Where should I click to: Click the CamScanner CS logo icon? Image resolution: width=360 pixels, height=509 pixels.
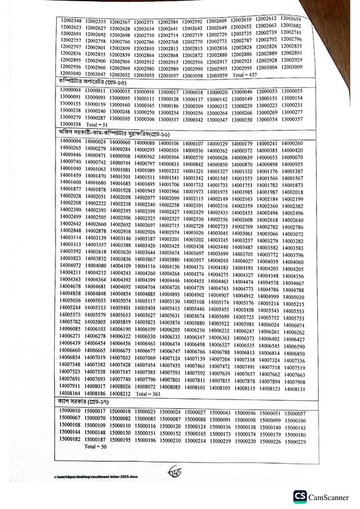(x=299, y=496)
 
